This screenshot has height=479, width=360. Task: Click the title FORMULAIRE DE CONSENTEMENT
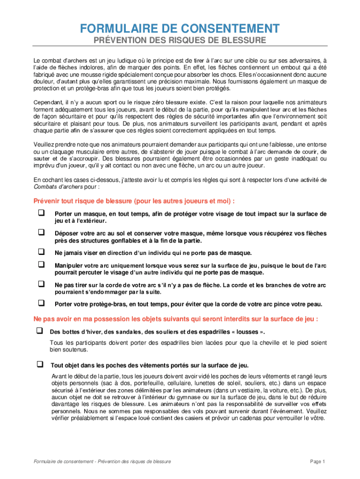point(180,29)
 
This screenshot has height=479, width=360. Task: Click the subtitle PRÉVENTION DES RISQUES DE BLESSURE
point(180,41)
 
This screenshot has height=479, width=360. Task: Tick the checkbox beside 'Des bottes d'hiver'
point(39,331)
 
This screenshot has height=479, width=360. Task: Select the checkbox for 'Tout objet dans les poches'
point(39,364)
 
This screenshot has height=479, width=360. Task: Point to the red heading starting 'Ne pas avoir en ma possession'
point(176,319)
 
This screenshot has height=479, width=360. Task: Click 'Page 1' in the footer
point(317,462)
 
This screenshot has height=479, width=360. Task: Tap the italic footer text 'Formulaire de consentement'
point(60,462)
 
